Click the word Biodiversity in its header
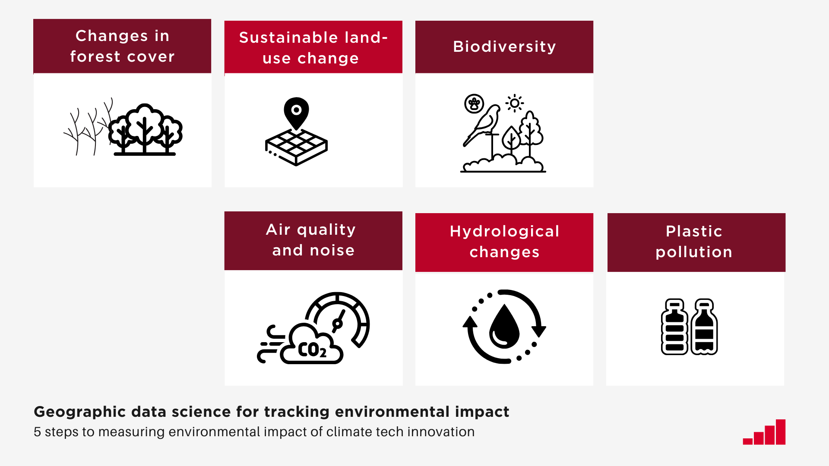click(x=504, y=47)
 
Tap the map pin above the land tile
click(x=296, y=112)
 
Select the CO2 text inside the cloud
click(x=312, y=350)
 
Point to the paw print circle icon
click(x=474, y=104)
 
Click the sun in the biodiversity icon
click(x=514, y=103)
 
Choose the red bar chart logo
click(x=764, y=432)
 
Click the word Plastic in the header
click(x=694, y=231)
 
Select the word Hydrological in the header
click(x=504, y=231)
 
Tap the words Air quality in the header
click(x=310, y=230)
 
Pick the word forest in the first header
click(x=95, y=57)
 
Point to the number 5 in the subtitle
click(x=37, y=432)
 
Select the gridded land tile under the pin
click(x=296, y=147)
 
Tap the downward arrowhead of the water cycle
click(x=538, y=331)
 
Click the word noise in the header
click(x=332, y=250)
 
